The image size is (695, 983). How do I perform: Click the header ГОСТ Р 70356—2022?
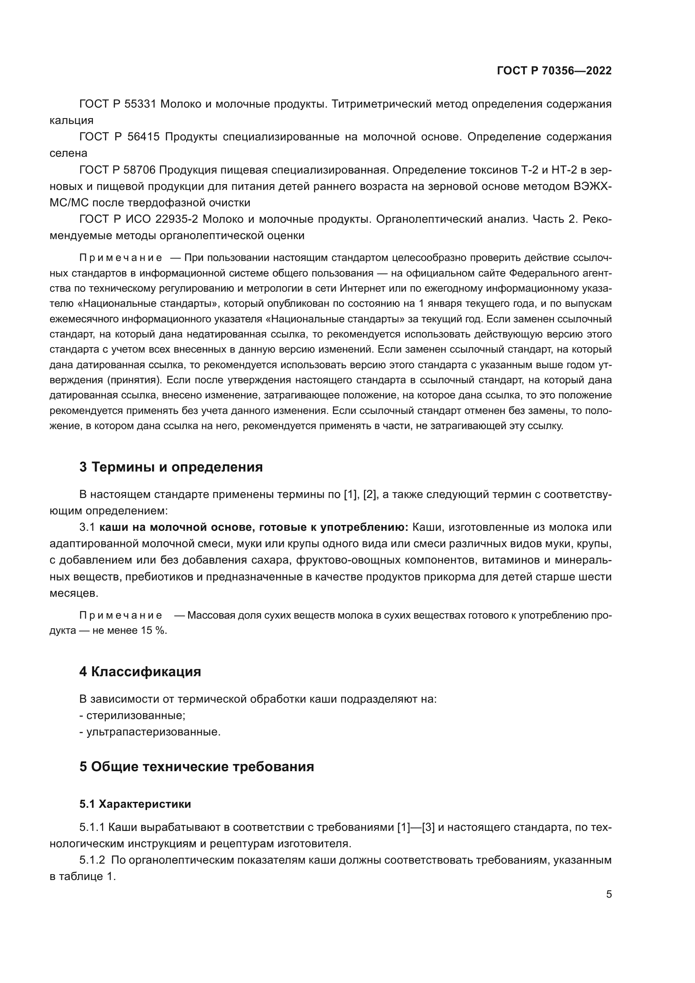point(554,71)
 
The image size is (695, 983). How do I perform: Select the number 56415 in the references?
point(143,137)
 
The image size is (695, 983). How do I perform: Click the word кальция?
point(71,120)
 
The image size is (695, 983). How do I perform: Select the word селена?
point(68,153)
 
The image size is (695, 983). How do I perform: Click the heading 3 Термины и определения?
point(171,466)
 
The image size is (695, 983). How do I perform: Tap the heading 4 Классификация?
point(140,671)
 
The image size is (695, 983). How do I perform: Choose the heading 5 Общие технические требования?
point(196,767)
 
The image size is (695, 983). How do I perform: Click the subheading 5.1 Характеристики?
point(135,804)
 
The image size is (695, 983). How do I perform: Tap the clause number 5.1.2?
point(92,860)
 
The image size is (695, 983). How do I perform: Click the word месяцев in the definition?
point(74,593)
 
